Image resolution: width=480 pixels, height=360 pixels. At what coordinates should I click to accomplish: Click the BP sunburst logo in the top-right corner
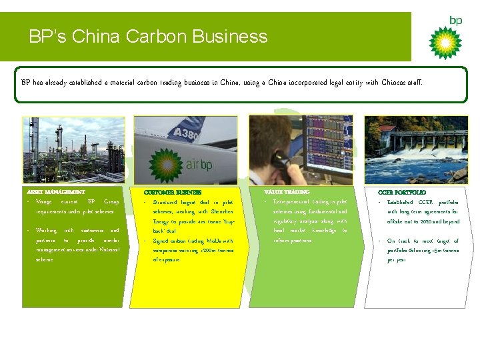tap(445, 41)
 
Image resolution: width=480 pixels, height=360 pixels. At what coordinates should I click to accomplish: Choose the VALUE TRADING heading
tap(287, 192)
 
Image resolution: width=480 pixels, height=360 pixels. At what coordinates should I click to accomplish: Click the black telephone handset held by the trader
tap(280, 160)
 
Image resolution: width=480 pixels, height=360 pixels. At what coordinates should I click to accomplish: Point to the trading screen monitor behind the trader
tap(327, 143)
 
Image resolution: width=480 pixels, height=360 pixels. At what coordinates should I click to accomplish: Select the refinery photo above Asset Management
tap(73, 151)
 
